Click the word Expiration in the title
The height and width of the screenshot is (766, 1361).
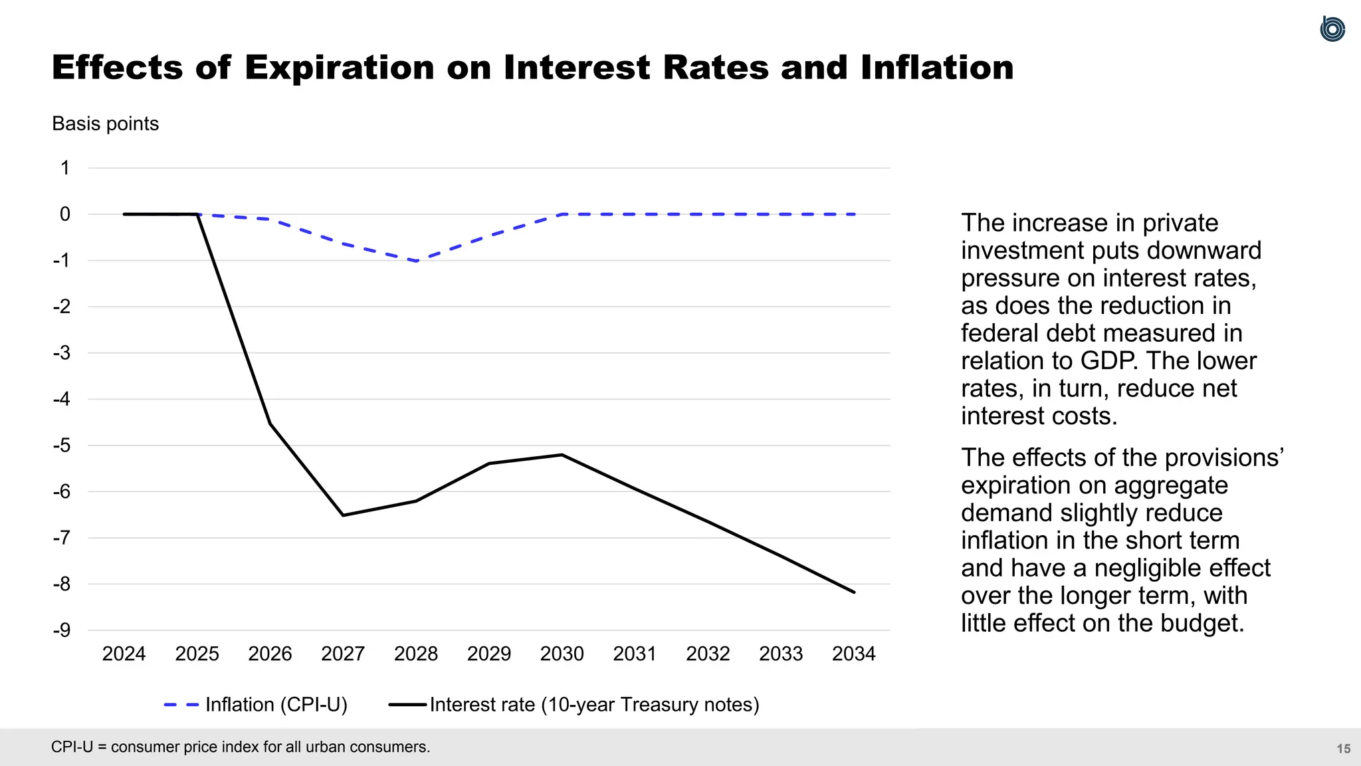(339, 68)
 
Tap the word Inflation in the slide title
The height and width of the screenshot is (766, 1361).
(937, 68)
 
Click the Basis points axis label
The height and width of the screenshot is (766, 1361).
(105, 124)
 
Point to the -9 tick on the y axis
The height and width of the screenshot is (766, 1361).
(62, 630)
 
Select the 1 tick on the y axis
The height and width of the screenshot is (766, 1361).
(65, 168)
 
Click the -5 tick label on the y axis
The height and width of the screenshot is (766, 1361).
(62, 446)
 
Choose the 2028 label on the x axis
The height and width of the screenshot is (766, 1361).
(416, 654)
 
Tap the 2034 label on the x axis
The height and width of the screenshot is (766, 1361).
(854, 654)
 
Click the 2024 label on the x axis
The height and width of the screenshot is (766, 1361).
(124, 654)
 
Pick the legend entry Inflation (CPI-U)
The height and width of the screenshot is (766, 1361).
(276, 704)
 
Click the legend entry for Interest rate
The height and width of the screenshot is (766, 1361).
(594, 704)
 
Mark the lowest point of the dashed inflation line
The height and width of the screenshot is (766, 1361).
(417, 261)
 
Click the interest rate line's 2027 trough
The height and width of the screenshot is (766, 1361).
(343, 515)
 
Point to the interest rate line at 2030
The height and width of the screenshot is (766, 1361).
(562, 455)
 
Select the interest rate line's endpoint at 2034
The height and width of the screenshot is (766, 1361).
(854, 592)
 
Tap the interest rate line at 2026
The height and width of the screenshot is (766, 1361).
(270, 424)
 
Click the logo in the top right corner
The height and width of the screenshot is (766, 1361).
(1332, 29)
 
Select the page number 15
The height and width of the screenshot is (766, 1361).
(1343, 749)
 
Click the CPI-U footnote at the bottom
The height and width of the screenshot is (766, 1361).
(241, 747)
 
